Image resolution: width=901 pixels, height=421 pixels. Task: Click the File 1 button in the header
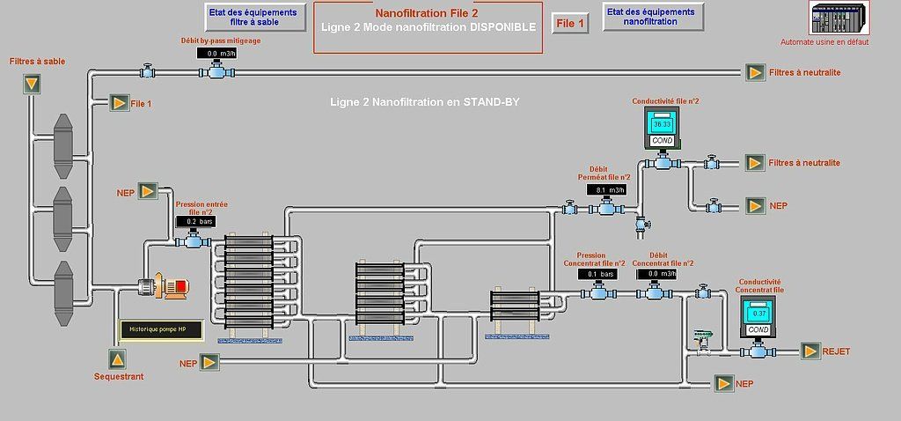(570, 24)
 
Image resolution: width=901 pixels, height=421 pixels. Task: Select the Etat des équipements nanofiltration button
(649, 17)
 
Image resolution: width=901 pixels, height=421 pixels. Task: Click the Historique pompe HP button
(158, 330)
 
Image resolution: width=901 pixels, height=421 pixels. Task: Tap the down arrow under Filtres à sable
(32, 84)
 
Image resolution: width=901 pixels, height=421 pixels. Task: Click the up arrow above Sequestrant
(118, 358)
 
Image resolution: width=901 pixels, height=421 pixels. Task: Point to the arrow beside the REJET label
(809, 351)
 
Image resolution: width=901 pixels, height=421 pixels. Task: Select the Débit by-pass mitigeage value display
(220, 54)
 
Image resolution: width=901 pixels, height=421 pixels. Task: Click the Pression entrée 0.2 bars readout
(194, 222)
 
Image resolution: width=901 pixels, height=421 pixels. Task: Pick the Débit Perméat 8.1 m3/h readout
(605, 190)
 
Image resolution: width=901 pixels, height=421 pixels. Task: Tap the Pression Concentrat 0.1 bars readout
(597, 274)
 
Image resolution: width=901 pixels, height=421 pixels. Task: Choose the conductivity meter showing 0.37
(758, 314)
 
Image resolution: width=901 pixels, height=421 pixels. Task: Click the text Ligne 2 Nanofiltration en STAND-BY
(424, 103)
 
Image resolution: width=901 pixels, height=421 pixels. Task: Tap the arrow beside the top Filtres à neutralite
(755, 72)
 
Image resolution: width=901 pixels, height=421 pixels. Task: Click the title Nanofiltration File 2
(427, 14)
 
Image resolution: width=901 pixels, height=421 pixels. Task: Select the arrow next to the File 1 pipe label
(118, 103)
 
